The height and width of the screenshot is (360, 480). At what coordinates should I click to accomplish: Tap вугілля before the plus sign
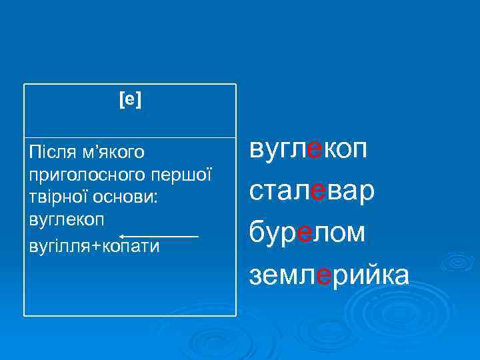pos(59,246)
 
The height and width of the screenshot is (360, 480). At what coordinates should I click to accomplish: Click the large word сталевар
pos(312,191)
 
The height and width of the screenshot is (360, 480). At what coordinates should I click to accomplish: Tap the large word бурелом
pos(307,233)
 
